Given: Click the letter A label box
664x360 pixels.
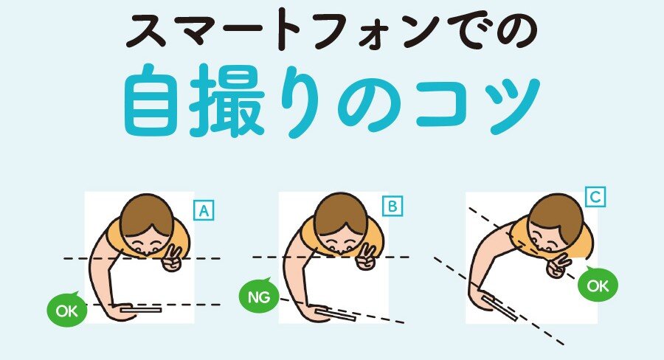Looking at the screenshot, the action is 204,210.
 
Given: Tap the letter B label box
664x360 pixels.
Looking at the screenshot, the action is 392,207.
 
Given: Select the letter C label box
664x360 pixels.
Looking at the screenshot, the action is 595,197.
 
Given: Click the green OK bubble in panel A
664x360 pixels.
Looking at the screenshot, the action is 67,311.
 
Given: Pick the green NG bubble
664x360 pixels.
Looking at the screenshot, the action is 259,296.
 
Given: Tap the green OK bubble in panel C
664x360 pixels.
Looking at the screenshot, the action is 598,285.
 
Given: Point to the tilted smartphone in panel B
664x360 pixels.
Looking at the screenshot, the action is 336,315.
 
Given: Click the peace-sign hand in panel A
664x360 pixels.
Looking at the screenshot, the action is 173,259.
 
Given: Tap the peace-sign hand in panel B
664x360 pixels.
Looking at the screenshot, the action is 366,257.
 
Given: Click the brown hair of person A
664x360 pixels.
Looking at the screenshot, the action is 147,215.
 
